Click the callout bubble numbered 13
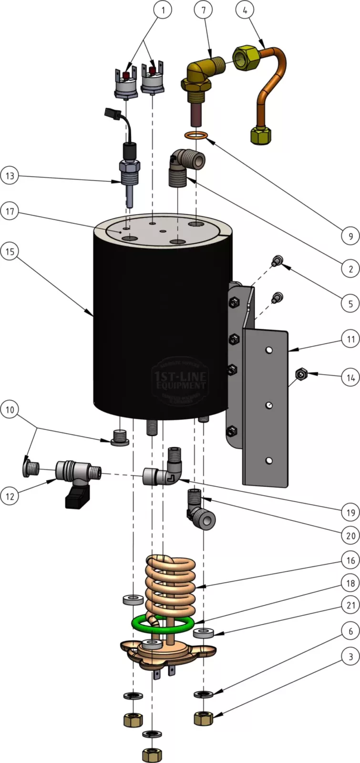(10, 175)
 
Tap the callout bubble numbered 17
(10, 211)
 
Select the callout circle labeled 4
(245, 10)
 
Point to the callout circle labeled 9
(350, 235)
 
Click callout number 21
(350, 605)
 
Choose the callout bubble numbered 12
(10, 495)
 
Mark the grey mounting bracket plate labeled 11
(265, 405)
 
